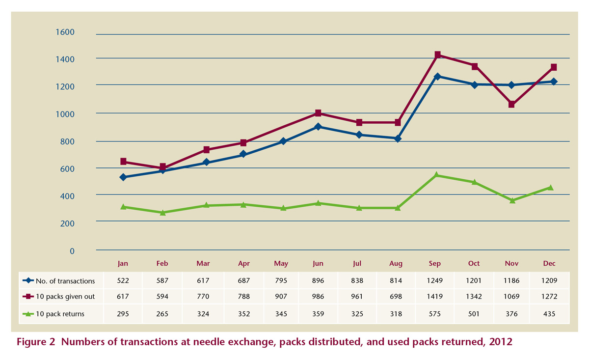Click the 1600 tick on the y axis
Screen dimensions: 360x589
pos(65,32)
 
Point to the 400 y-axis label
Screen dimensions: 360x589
pos(65,195)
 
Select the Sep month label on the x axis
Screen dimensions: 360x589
pos(434,264)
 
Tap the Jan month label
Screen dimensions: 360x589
pos(123,264)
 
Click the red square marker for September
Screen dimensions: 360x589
pos(437,55)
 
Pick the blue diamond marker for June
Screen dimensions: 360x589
pos(318,127)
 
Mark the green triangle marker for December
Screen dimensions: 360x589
pos(550,188)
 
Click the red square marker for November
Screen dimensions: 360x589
pos(512,104)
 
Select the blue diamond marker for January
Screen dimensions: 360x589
pos(123,177)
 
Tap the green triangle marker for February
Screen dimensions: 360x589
pos(162,213)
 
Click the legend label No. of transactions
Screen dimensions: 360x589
pos(65,281)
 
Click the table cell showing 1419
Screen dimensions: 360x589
pos(434,297)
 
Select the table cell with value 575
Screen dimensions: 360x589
pos(434,314)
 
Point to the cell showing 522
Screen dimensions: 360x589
pos(123,281)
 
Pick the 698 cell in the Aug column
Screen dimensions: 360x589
pos(396,297)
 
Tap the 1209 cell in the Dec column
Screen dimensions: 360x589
pos(549,281)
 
